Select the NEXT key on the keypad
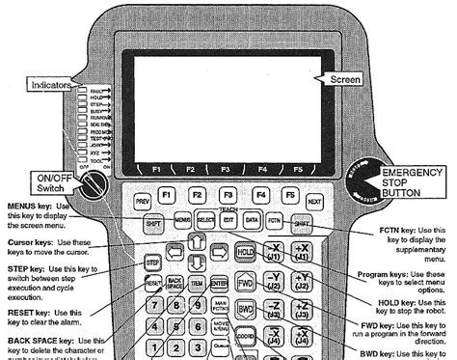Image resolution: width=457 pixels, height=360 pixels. pos(313,200)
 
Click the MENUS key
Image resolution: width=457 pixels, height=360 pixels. pos(182,222)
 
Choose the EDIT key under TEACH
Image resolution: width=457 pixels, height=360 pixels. pos(228,222)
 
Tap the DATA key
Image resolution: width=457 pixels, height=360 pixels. pos(252,222)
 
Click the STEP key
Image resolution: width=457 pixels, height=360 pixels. pos(152,262)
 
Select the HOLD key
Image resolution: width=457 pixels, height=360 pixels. pos(246,253)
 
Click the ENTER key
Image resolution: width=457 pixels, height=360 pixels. pos(219,284)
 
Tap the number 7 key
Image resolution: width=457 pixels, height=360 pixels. pos(150,307)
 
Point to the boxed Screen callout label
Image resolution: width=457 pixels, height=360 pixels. pos(345,78)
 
